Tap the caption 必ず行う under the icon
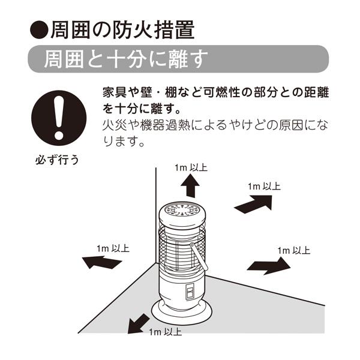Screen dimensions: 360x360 58,161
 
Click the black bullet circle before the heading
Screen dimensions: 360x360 39,28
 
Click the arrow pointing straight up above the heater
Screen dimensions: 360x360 190,187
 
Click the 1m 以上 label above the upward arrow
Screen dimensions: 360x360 191,168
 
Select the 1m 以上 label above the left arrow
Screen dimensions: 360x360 112,248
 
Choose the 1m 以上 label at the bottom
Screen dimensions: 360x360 165,331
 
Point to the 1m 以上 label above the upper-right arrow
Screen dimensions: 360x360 264,187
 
